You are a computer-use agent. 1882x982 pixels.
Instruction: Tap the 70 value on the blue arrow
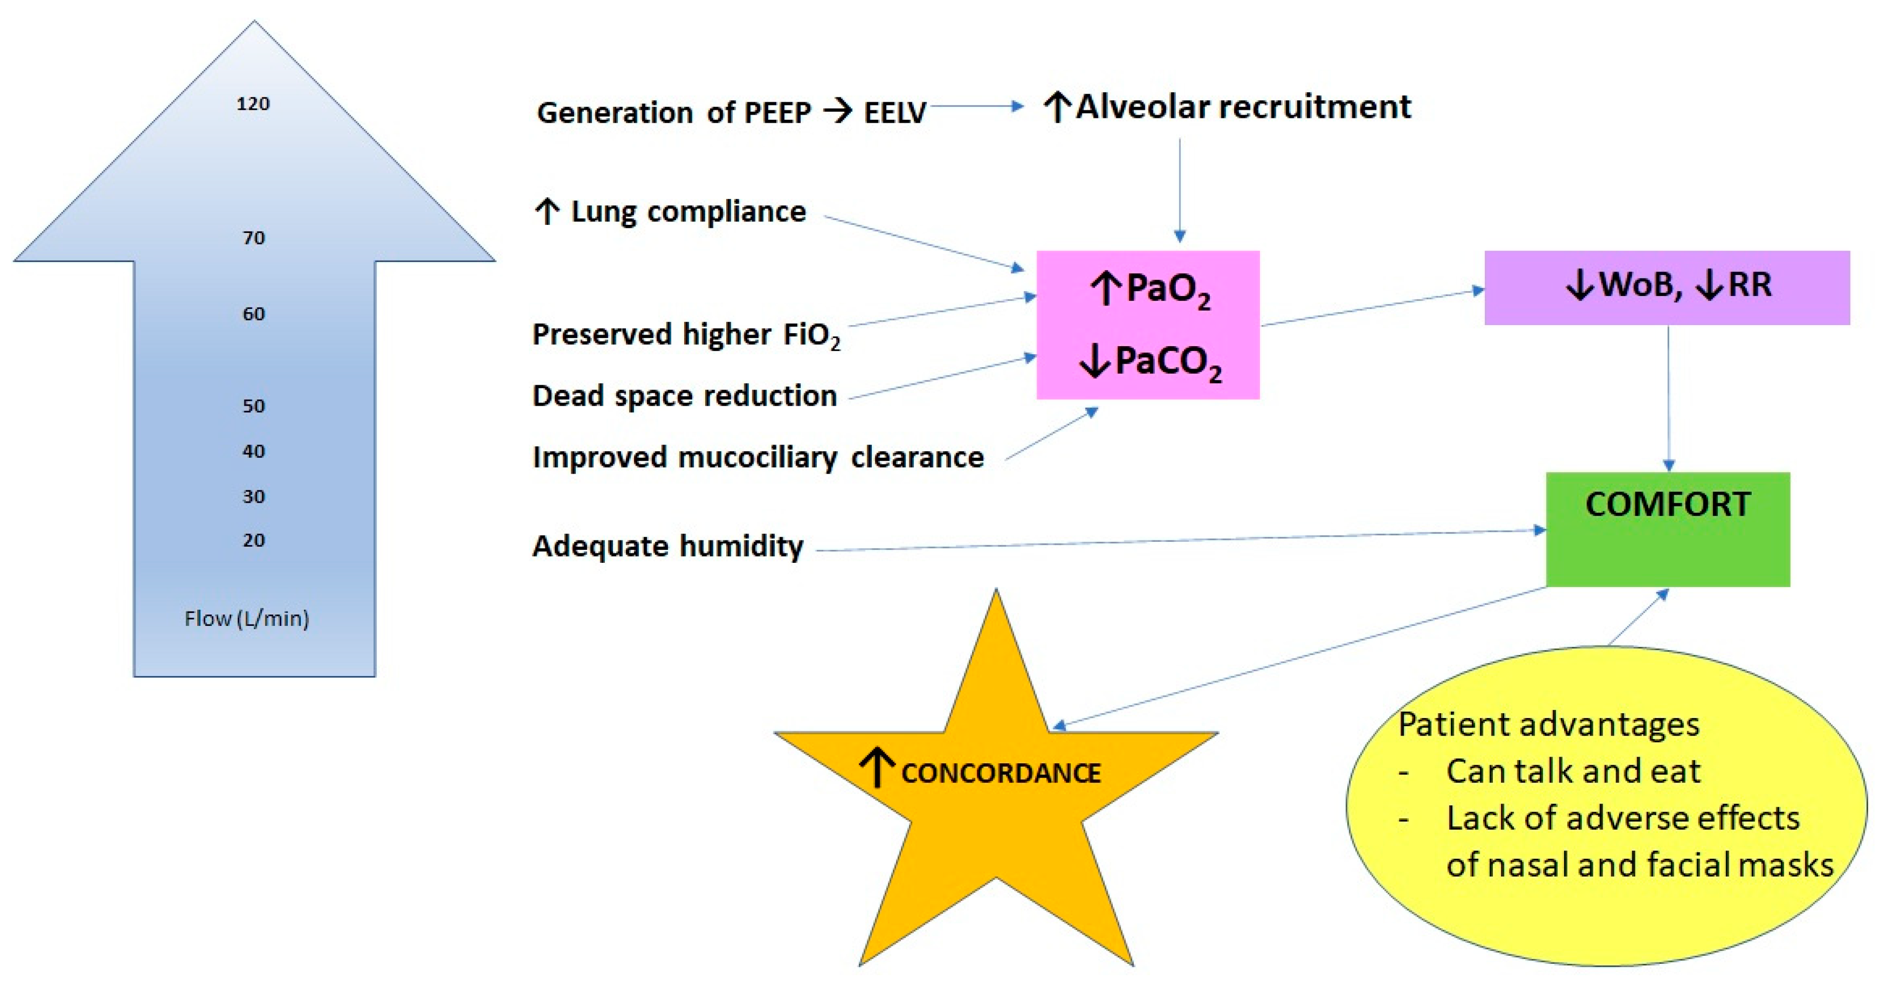point(254,237)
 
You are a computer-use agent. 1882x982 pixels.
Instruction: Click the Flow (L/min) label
point(246,619)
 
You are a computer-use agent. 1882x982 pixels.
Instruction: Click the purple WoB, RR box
point(1667,287)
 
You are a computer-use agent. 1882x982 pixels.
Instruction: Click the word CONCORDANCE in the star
point(1000,773)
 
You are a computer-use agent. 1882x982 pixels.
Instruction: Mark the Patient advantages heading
point(1548,725)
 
